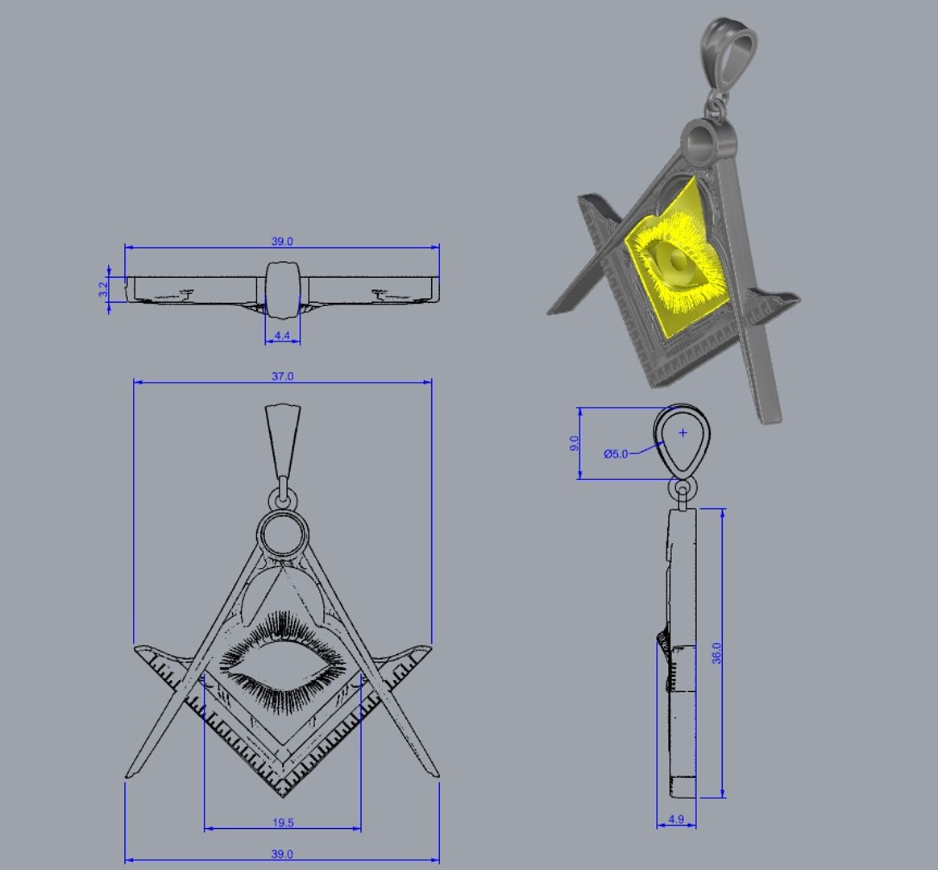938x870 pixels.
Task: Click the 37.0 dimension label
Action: click(282, 376)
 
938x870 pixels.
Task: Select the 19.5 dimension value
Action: click(282, 822)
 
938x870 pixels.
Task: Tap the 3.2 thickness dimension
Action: click(103, 288)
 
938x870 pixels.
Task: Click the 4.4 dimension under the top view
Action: click(282, 334)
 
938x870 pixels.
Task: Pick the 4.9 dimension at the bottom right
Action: click(676, 820)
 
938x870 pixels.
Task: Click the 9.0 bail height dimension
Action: click(574, 443)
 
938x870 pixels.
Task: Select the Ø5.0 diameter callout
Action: click(616, 454)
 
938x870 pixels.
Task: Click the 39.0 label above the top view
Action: click(282, 241)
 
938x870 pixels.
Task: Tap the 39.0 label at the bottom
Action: click(282, 854)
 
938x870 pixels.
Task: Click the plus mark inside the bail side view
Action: click(683, 433)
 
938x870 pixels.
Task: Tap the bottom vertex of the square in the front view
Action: click(283, 793)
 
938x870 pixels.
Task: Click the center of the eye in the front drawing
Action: click(282, 665)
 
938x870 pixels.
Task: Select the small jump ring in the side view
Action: click(684, 488)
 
